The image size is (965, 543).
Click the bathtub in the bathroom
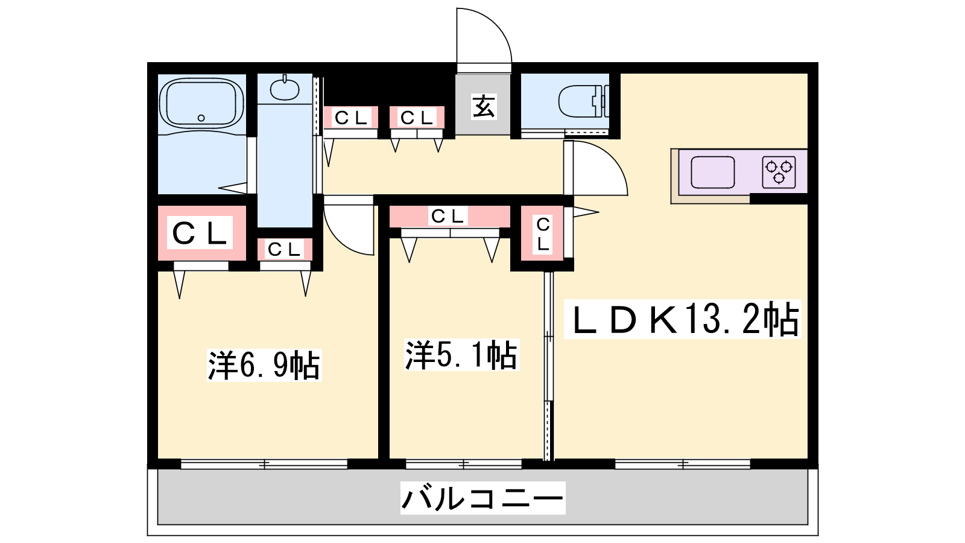pos(201,103)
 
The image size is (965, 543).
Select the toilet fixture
pos(584,101)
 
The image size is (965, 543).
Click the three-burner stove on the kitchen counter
pos(779,172)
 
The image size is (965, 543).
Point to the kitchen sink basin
pos(713,172)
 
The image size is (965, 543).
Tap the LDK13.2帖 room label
pos(683,319)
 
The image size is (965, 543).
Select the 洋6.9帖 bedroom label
pos(264,365)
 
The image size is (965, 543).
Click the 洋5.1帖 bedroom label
pos(461,355)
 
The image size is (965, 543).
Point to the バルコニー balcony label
pos(482,498)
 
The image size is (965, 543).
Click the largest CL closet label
pos(200,233)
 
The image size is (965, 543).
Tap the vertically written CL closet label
pos(543,234)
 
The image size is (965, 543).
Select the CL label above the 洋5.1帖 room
pos(448,216)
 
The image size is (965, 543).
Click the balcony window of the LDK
pos(683,464)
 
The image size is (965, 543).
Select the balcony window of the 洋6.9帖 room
pos(264,464)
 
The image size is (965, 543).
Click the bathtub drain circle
pos(201,118)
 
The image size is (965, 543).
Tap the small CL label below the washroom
pos(284,249)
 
